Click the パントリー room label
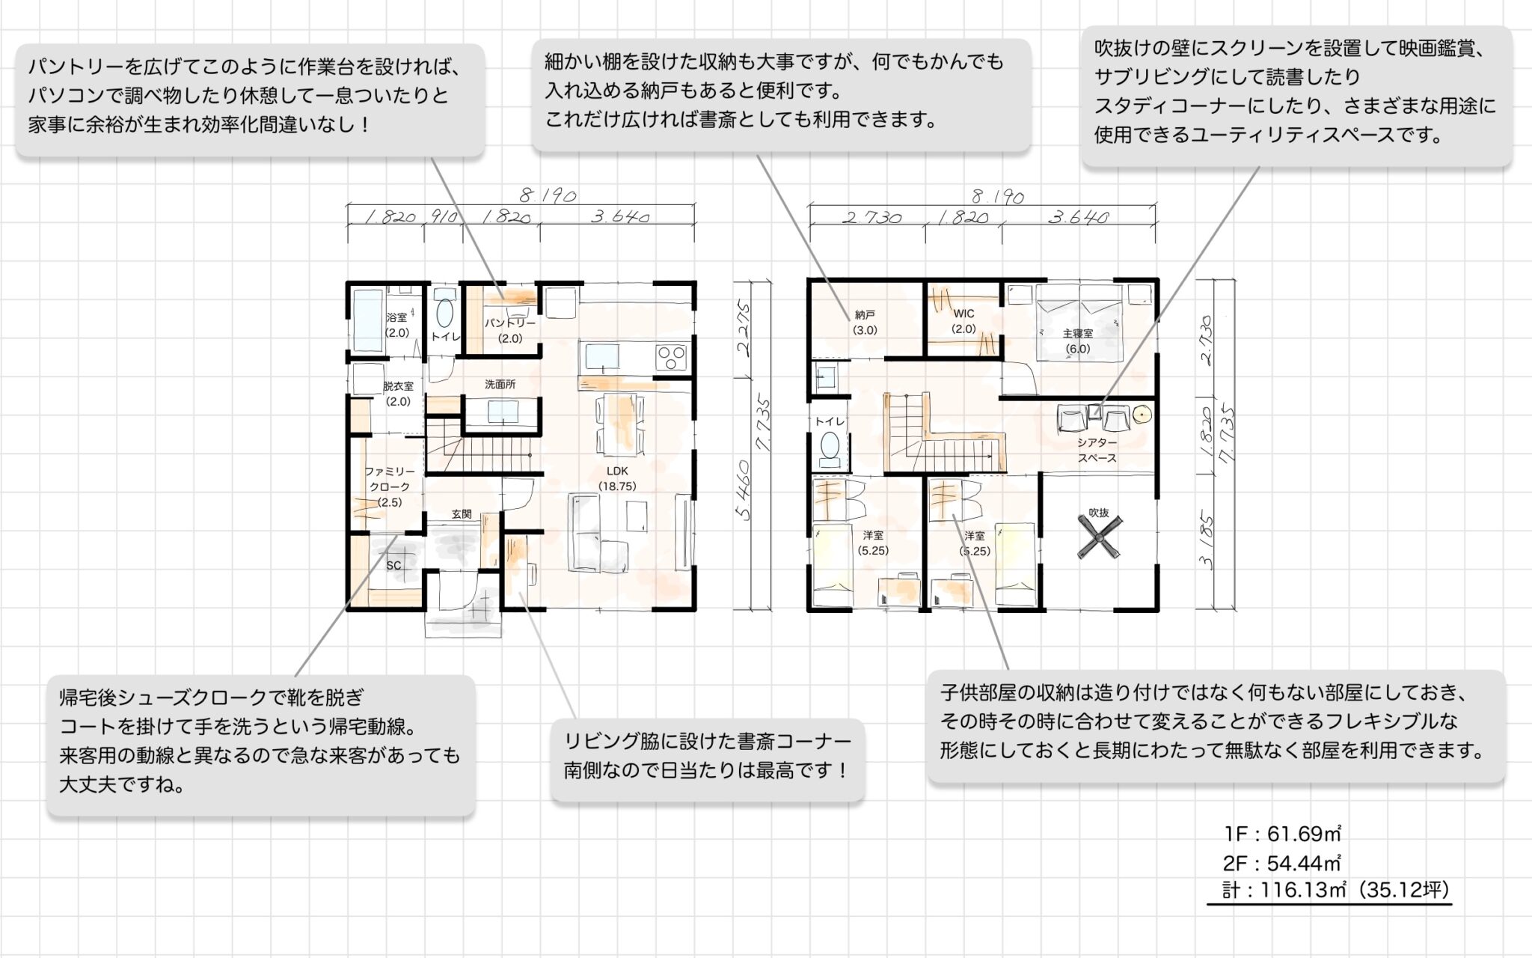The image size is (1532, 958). pos(510,323)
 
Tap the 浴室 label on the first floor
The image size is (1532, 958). pos(396,317)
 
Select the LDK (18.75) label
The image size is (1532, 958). pos(617,471)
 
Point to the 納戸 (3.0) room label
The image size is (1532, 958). pos(865,315)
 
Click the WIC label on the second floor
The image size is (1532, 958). pos(963,313)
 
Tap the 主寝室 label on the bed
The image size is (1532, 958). pos(1078,333)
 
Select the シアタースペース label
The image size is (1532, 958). pos(1097,450)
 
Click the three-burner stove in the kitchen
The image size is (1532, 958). pos(671,356)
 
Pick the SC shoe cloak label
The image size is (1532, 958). pos(393,565)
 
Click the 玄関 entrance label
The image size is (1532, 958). pos(462,514)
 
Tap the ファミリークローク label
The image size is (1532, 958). pos(389,479)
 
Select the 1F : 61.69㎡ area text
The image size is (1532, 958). pos(1282,833)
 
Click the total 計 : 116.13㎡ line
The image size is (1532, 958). pos(1336,890)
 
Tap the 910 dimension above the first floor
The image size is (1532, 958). pos(444,217)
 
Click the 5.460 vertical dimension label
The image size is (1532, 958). pos(743,490)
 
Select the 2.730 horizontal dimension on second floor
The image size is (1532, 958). pos(871,218)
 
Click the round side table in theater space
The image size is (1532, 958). pos(1142,414)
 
